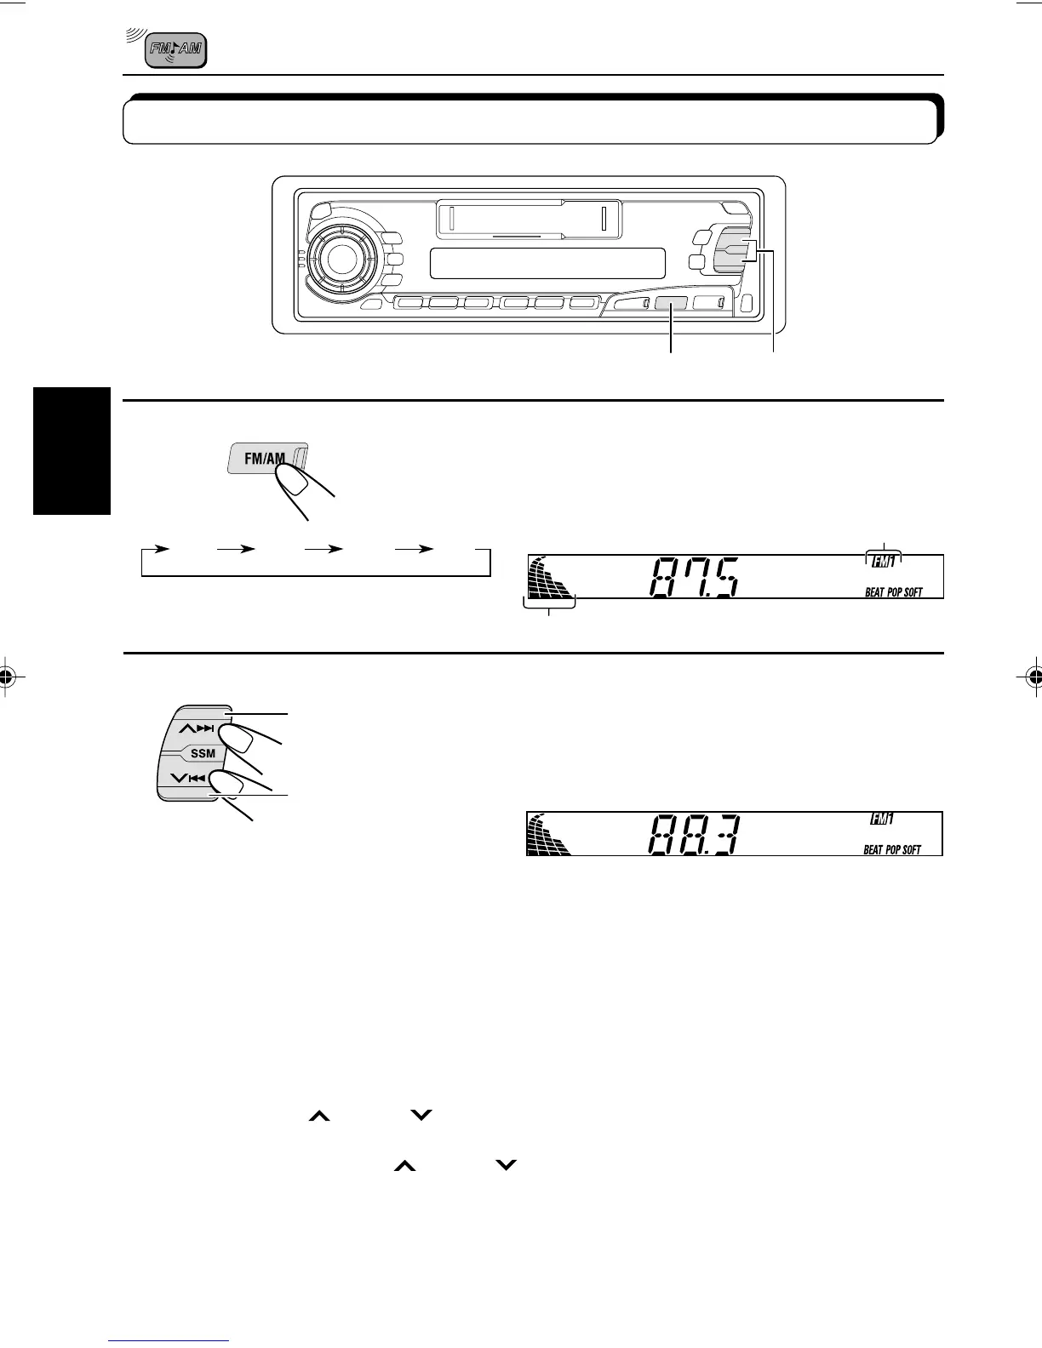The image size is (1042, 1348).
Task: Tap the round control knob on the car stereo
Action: click(x=341, y=259)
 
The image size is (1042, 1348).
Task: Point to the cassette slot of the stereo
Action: click(x=530, y=219)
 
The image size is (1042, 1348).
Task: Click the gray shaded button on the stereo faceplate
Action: click(x=671, y=304)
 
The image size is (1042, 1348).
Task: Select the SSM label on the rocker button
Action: click(x=203, y=754)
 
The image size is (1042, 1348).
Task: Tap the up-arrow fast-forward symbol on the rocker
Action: click(x=196, y=728)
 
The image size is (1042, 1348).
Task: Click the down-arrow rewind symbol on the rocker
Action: click(x=188, y=778)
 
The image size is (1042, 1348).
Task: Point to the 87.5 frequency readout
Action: click(x=694, y=578)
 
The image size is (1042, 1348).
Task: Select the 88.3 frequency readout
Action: click(x=694, y=834)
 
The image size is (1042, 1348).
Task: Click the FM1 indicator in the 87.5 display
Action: click(x=883, y=562)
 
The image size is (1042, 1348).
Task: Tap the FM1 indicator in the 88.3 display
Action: click(x=881, y=820)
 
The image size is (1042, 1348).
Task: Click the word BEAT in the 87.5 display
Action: click(x=874, y=592)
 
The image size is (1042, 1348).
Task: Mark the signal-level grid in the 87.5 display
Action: click(x=549, y=578)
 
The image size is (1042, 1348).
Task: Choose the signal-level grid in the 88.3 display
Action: click(x=548, y=834)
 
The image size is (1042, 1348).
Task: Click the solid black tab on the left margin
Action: click(x=72, y=451)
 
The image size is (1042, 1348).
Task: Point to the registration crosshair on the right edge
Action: click(x=1034, y=677)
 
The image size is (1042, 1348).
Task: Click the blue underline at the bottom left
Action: click(x=169, y=1341)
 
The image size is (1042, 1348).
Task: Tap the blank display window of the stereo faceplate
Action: click(x=547, y=264)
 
